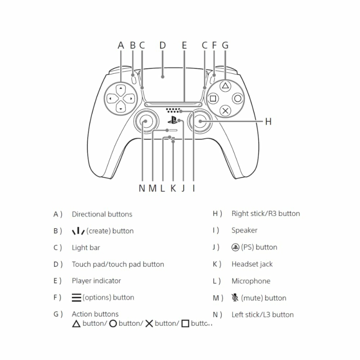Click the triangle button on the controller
tap(225, 86)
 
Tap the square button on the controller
tap(213, 99)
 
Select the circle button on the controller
tap(238, 99)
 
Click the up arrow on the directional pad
tap(121, 90)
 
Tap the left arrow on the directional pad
tap(112, 99)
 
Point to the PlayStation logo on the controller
tap(172, 120)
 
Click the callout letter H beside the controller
tap(268, 121)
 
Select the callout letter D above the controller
tap(162, 45)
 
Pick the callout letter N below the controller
tap(142, 188)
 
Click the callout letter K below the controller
tap(173, 188)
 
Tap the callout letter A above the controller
tap(121, 45)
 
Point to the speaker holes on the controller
tap(173, 110)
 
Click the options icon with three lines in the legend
tap(76, 297)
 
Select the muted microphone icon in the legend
tap(235, 297)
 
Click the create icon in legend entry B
tap(78, 231)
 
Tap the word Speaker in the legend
tap(244, 230)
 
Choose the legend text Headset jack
tap(252, 264)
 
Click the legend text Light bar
tap(86, 247)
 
